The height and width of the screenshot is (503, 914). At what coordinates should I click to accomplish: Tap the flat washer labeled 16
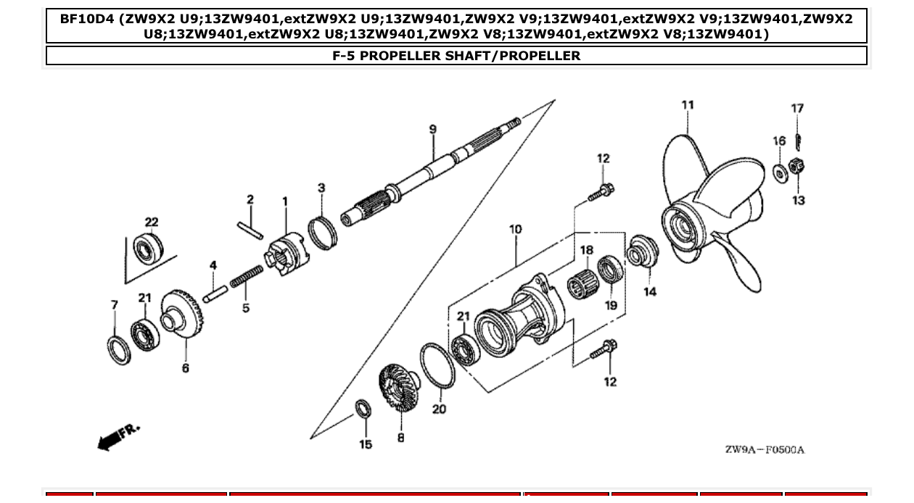[x=781, y=174]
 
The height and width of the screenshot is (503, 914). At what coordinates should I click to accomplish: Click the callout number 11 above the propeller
[x=687, y=105]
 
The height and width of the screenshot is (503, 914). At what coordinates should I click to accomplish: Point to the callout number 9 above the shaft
[x=433, y=130]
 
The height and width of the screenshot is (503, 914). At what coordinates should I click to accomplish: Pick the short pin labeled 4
[x=215, y=294]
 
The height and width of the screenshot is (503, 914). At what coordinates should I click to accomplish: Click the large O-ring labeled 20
[x=437, y=365]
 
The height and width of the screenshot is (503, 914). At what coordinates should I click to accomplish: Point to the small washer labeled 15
[x=363, y=409]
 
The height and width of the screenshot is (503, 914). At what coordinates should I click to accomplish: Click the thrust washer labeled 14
[x=641, y=250]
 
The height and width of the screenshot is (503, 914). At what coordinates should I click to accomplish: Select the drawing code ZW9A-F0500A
[x=764, y=450]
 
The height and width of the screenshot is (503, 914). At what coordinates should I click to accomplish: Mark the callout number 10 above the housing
[x=515, y=230]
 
